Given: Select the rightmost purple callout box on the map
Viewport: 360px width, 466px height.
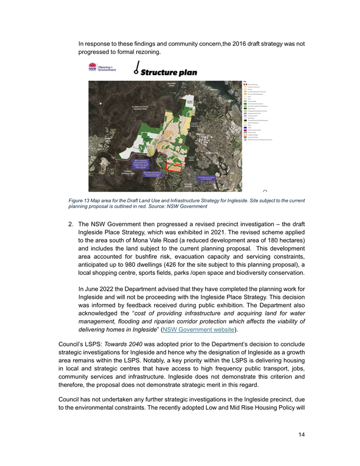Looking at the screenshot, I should point(209,179).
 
